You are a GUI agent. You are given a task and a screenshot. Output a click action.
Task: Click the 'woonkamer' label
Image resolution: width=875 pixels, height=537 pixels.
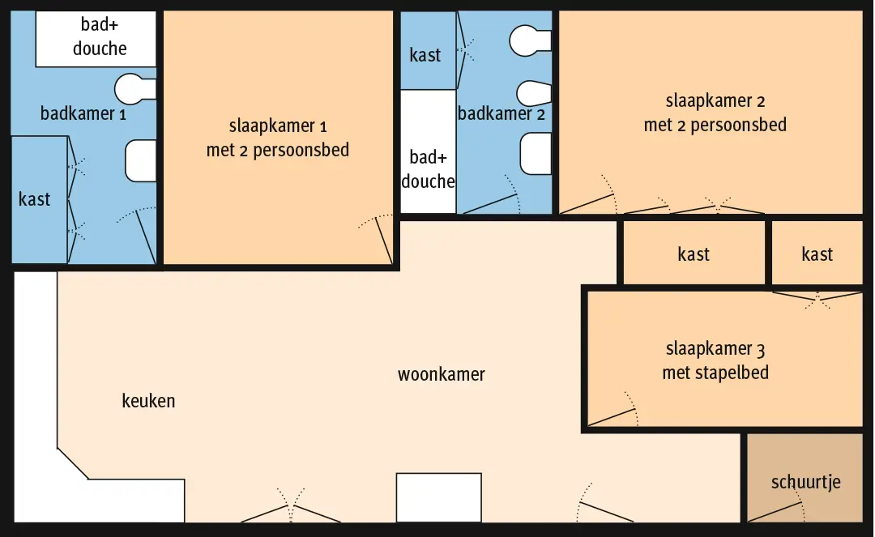pos(441,374)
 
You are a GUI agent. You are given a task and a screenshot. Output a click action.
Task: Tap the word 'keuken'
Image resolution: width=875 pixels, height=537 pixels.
pos(148,400)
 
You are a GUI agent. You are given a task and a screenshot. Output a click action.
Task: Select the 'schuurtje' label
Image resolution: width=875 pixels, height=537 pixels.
pos(806,482)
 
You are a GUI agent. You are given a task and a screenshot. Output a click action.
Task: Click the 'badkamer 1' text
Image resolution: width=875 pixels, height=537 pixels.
pos(83,113)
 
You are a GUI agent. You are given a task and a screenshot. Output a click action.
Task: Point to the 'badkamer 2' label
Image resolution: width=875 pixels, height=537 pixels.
pos(502,113)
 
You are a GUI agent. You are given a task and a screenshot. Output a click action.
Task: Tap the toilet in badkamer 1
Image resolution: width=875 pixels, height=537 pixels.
pos(135,88)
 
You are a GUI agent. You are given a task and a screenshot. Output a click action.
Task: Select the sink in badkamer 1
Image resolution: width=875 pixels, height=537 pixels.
pos(141,160)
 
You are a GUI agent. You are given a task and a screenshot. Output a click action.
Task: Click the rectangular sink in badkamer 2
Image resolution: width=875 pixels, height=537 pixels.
pos(536,153)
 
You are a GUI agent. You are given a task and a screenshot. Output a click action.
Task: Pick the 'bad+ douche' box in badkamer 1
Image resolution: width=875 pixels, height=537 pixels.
pos(96,39)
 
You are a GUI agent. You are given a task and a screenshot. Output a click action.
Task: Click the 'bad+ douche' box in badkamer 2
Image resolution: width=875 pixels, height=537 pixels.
pos(428,151)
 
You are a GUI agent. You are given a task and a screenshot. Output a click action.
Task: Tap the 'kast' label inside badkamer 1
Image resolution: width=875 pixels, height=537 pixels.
pos(34,199)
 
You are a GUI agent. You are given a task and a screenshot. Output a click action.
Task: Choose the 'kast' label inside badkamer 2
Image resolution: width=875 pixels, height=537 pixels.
pos(425,54)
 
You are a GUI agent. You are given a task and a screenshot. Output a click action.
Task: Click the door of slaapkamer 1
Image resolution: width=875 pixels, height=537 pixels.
pos(384,241)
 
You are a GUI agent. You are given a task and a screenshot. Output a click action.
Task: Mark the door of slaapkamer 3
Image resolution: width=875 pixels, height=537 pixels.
pos(612,417)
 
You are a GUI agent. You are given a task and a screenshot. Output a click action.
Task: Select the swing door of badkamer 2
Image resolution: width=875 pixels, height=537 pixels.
pos(490,203)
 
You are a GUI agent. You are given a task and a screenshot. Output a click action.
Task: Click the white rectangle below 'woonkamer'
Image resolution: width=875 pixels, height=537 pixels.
pos(438,498)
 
